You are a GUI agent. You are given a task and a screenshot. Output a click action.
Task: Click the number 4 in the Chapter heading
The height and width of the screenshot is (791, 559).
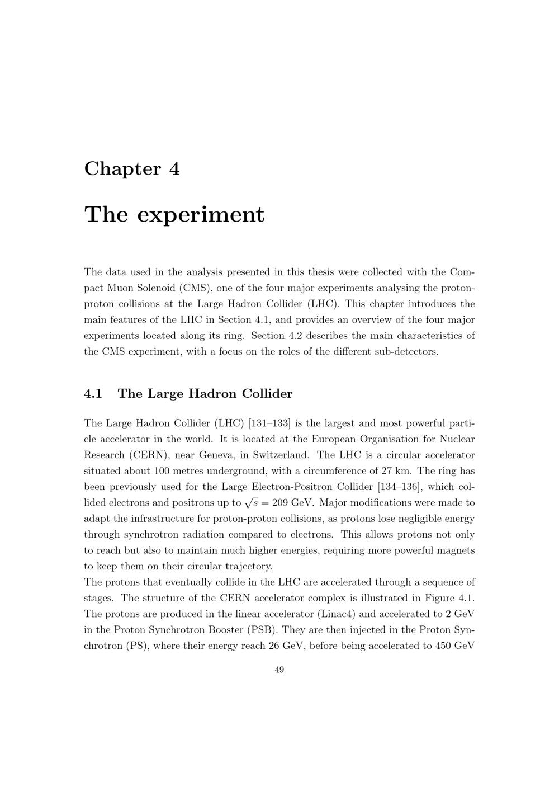[x=174, y=168]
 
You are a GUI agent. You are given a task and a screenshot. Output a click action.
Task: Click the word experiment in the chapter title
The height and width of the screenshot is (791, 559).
[x=201, y=214]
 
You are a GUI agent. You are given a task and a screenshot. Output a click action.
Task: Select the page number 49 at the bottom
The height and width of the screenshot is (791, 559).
[x=279, y=670]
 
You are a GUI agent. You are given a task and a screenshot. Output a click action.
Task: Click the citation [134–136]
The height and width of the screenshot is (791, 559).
[x=399, y=487]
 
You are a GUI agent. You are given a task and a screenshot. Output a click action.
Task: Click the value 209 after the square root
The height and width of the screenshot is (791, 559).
[x=280, y=502]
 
